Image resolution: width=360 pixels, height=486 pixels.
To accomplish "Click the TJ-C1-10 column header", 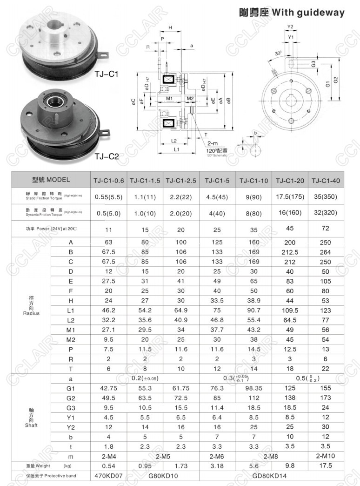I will [254, 180].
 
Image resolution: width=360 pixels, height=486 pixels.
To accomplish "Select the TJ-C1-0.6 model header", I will [108, 180].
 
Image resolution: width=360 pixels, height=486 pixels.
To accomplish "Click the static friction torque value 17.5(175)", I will [290, 196].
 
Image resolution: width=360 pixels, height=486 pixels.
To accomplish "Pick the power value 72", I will [326, 228].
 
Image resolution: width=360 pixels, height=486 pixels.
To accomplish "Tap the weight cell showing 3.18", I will [217, 466].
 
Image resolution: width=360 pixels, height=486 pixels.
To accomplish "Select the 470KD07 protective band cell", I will [108, 476].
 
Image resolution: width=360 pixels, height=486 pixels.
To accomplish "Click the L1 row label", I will [71, 310].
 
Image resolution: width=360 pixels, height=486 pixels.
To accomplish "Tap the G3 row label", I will [71, 407].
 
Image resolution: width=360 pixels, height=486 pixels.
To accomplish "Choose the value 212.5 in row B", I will [290, 252].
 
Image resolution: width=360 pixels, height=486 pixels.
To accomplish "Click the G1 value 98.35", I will [254, 388].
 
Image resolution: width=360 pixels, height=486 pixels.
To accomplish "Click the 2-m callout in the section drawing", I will [213, 143].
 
